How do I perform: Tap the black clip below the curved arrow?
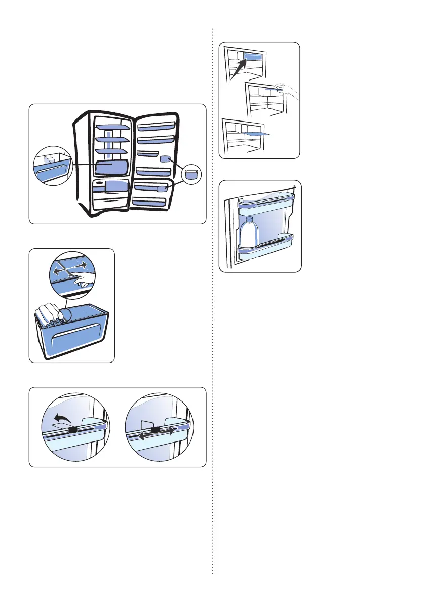click(x=72, y=430)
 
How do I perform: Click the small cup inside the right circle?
click(x=191, y=175)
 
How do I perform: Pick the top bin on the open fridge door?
click(x=157, y=125)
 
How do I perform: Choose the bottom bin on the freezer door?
click(x=149, y=202)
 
